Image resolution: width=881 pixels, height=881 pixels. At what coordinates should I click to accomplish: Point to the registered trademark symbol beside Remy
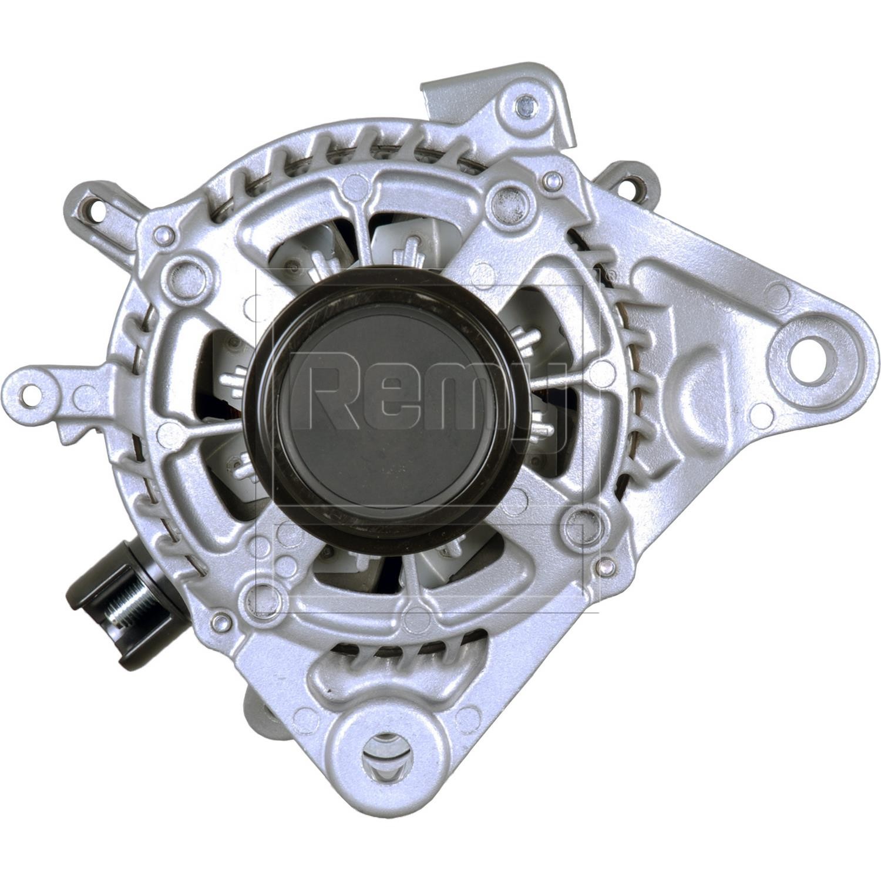pyautogui.click(x=610, y=274)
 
